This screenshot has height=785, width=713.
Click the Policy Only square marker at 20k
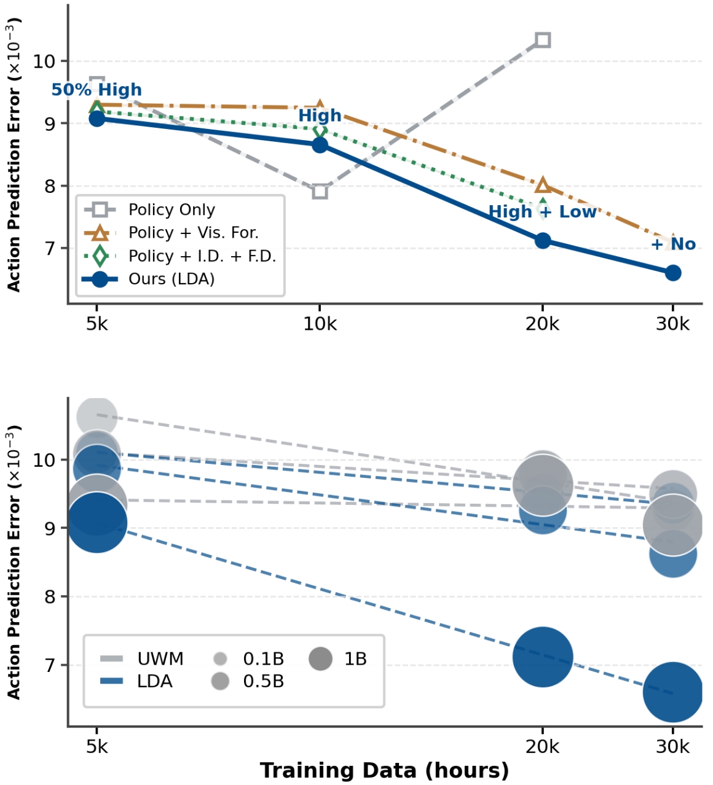(542, 41)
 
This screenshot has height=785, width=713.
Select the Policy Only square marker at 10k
(320, 191)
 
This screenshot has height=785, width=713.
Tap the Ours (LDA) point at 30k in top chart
(673, 273)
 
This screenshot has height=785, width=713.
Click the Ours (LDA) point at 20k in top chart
(542, 240)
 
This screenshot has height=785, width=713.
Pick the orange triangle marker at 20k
(542, 186)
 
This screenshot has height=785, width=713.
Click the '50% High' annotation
(97, 90)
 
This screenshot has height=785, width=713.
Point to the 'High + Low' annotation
(542, 212)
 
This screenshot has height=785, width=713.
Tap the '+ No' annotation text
(673, 244)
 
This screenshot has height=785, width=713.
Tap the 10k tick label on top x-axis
(320, 324)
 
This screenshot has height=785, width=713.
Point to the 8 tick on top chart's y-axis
(50, 186)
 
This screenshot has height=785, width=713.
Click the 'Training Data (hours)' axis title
(384, 770)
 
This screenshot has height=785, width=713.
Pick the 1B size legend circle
(321, 659)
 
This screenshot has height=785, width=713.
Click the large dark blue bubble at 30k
(673, 692)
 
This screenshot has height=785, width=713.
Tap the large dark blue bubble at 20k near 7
(542, 657)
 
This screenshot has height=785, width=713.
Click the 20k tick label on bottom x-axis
(542, 746)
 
